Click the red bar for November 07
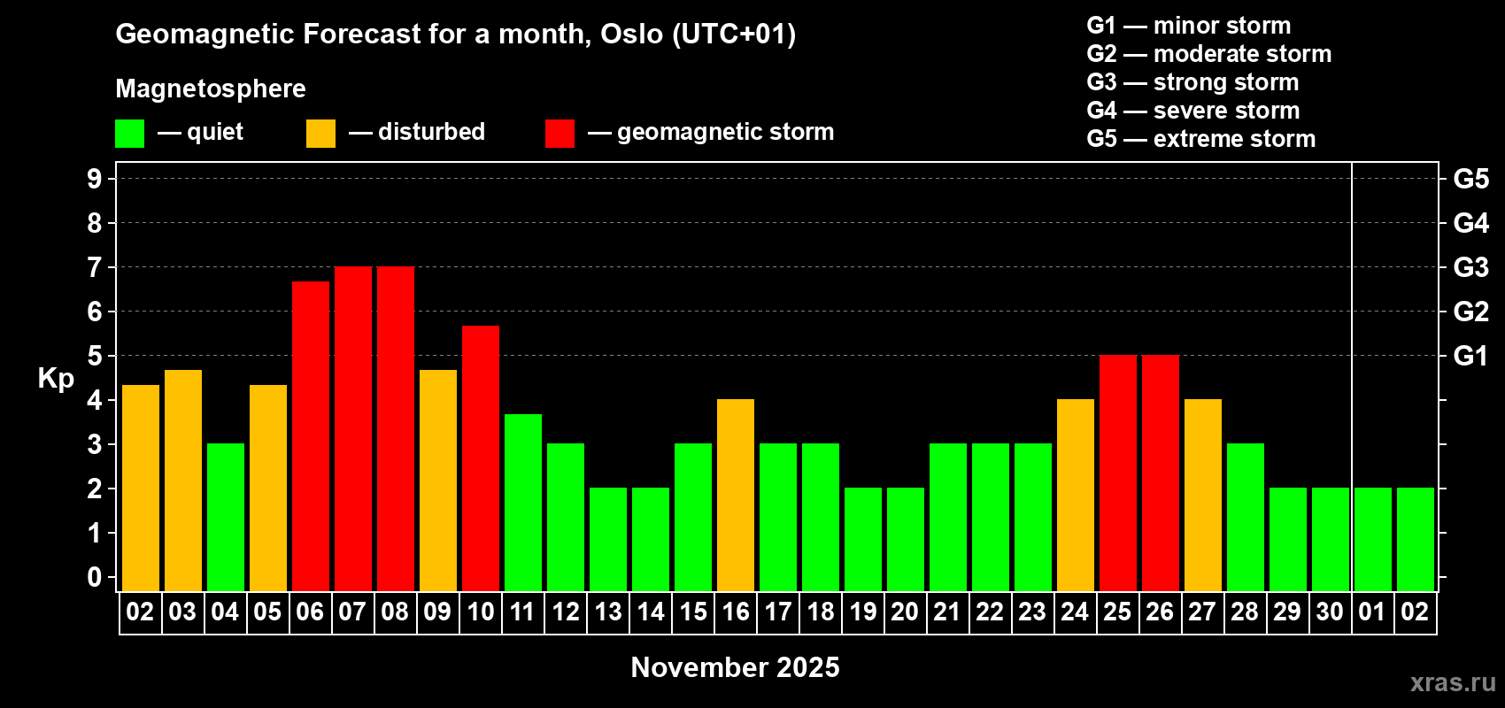click(x=352, y=428)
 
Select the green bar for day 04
click(x=226, y=517)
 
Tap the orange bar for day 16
click(x=736, y=495)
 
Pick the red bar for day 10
click(x=481, y=458)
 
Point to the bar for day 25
click(x=1118, y=473)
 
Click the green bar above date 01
click(x=1372, y=539)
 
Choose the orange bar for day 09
click(x=438, y=481)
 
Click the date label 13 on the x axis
click(x=608, y=612)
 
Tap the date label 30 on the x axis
click(x=1330, y=612)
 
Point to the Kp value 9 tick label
click(x=94, y=179)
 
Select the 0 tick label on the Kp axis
click(x=94, y=577)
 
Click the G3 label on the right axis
click(x=1470, y=267)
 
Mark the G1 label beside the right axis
click(x=1470, y=356)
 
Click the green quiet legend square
click(x=129, y=133)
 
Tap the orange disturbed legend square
click(x=320, y=133)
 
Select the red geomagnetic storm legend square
click(x=560, y=133)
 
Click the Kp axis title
click(x=56, y=379)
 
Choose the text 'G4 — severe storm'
click(x=1193, y=110)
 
